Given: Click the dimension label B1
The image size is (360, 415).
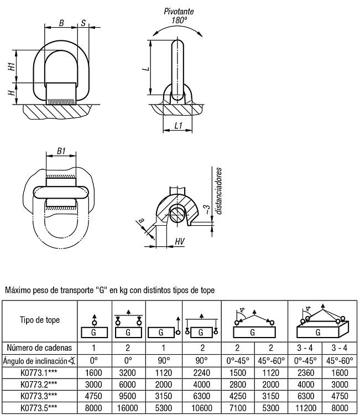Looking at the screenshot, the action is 61,151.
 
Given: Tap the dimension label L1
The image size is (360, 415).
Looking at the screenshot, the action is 179,125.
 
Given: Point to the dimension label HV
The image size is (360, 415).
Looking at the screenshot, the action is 180,241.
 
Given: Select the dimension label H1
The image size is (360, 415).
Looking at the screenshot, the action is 12,66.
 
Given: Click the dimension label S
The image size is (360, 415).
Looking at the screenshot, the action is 84,23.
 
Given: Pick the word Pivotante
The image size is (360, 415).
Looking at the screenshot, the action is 179,12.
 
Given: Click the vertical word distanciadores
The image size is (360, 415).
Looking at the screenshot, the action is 218,191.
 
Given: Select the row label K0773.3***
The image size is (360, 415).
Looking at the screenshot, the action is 39,396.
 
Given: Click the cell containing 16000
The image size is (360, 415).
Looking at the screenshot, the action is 128,408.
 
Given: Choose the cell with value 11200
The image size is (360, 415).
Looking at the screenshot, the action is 305,408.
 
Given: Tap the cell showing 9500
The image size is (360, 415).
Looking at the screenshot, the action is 128,396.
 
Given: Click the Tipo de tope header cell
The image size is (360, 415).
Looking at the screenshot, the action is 40,320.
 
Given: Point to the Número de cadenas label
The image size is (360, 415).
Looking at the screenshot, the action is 39,348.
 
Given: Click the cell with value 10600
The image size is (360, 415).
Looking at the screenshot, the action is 202,408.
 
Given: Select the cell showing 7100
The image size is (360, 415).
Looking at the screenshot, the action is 238,408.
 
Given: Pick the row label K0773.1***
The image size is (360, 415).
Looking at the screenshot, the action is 39,372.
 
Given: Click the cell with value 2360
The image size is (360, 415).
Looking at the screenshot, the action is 305,372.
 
